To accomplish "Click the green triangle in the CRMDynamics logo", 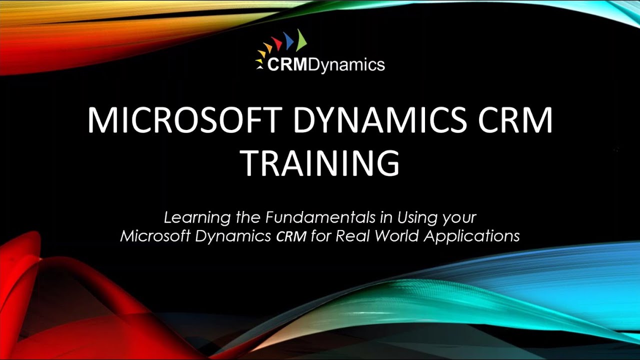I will click(300, 41).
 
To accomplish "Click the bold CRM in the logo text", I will click(287, 64).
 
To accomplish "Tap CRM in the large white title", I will click(520, 120).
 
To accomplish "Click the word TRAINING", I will click(320, 162).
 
